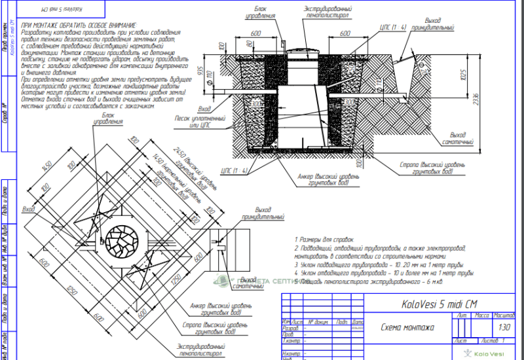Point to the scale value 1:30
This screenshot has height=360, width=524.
point(504,327)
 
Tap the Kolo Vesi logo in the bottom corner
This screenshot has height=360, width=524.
point(483,353)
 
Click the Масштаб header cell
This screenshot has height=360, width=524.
point(504,315)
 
